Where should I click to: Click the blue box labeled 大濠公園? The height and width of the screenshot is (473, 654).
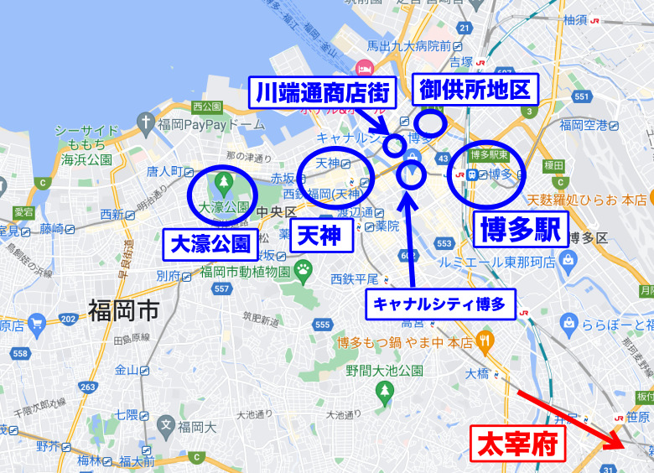pos(210,244)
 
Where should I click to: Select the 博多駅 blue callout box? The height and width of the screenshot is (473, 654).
pos(521,229)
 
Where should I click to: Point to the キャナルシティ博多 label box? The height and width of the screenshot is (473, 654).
pos(440,304)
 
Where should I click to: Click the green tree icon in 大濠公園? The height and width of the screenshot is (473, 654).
pos(223,180)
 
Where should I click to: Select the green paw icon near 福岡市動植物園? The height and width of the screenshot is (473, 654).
pos(303,270)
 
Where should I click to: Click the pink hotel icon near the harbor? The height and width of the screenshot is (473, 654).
pos(365,68)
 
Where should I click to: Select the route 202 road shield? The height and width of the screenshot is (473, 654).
pos(70,319)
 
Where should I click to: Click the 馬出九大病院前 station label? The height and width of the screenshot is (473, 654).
pos(416,46)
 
